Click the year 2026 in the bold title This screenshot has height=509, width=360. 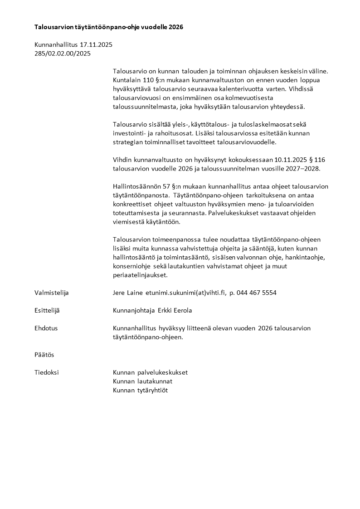tap(175, 27)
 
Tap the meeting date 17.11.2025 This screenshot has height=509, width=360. tap(96, 45)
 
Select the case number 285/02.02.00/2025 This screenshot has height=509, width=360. tap(63, 53)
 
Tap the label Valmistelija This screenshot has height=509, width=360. tap(51, 293)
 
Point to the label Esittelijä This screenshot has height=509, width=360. tap(47, 310)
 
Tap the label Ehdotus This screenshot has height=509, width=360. tap(46, 328)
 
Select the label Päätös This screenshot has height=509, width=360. tap(44, 354)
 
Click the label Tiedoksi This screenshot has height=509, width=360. tap(46, 372)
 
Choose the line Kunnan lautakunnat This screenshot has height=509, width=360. tap(142, 381)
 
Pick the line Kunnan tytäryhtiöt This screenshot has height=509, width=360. tap(140, 390)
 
